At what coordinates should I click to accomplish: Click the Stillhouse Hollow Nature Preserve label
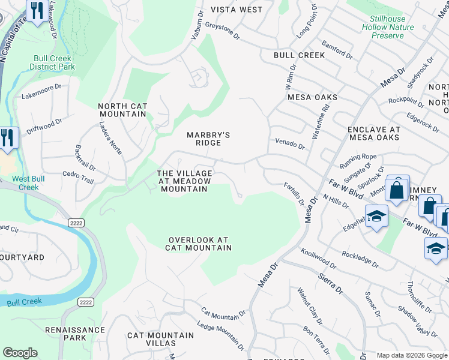pyautogui.click(x=388, y=27)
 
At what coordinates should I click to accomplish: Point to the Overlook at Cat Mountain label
pyautogui.click(x=199, y=243)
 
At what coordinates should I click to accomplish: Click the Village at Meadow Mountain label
pyautogui.click(x=184, y=181)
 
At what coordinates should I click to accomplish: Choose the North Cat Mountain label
pyautogui.click(x=122, y=110)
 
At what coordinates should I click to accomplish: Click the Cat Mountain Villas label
pyautogui.click(x=160, y=340)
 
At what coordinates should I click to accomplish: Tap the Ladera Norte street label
pyautogui.click(x=111, y=139)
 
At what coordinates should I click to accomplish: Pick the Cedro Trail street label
pyautogui.click(x=78, y=177)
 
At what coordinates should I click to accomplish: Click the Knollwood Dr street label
pyautogui.click(x=318, y=258)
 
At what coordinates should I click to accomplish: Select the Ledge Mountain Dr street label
pyautogui.click(x=221, y=337)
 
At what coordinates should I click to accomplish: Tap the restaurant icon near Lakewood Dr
pyautogui.click(x=37, y=10)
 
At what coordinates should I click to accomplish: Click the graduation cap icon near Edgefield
pyautogui.click(x=376, y=216)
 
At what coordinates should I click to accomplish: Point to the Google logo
pyautogui.click(x=20, y=353)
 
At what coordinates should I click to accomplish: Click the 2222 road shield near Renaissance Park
pyautogui.click(x=85, y=302)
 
